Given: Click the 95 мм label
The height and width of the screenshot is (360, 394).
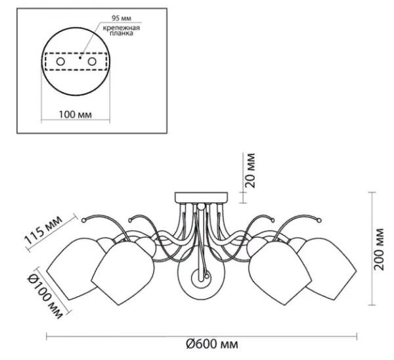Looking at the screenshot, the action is (121, 18).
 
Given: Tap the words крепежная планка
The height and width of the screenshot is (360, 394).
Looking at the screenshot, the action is (121, 30).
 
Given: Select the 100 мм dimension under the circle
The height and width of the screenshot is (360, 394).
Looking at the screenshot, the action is (75, 115).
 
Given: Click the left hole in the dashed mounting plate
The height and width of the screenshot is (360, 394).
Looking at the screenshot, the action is (60, 62).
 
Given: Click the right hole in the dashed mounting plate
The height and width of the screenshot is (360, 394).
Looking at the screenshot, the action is (92, 62).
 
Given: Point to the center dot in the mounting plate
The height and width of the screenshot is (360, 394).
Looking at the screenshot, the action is (80, 58).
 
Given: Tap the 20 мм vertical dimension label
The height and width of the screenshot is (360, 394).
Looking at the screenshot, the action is (250, 170).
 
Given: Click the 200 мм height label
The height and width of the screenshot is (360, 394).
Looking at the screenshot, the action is (379, 249).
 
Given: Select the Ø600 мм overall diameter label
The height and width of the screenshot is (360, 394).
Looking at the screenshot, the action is (212, 344).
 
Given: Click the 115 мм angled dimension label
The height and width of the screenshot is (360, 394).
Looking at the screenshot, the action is (43, 230).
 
